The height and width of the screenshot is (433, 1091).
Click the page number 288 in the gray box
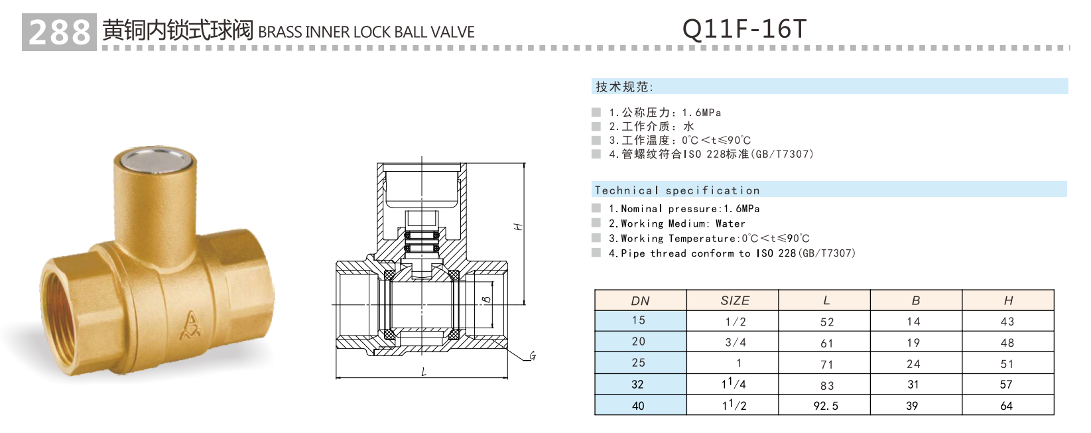(x=59, y=32)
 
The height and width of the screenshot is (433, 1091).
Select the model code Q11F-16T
(x=744, y=29)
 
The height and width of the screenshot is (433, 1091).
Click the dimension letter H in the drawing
(x=519, y=227)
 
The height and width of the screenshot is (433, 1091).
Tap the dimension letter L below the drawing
(x=424, y=372)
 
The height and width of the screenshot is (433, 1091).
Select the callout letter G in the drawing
(x=532, y=357)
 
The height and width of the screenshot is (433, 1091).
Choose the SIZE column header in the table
(x=734, y=300)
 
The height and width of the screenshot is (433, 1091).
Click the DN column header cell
(x=640, y=300)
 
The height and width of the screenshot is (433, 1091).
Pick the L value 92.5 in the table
(x=826, y=406)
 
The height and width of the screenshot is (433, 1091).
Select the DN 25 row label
(x=638, y=363)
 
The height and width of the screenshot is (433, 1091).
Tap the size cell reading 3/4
(x=735, y=342)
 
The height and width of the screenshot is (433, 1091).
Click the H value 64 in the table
(x=1006, y=406)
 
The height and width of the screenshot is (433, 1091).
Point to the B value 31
(x=913, y=385)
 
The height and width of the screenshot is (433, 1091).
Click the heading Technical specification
(x=676, y=190)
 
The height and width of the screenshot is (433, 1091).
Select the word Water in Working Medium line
(x=730, y=223)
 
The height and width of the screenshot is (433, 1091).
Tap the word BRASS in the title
(x=280, y=32)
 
